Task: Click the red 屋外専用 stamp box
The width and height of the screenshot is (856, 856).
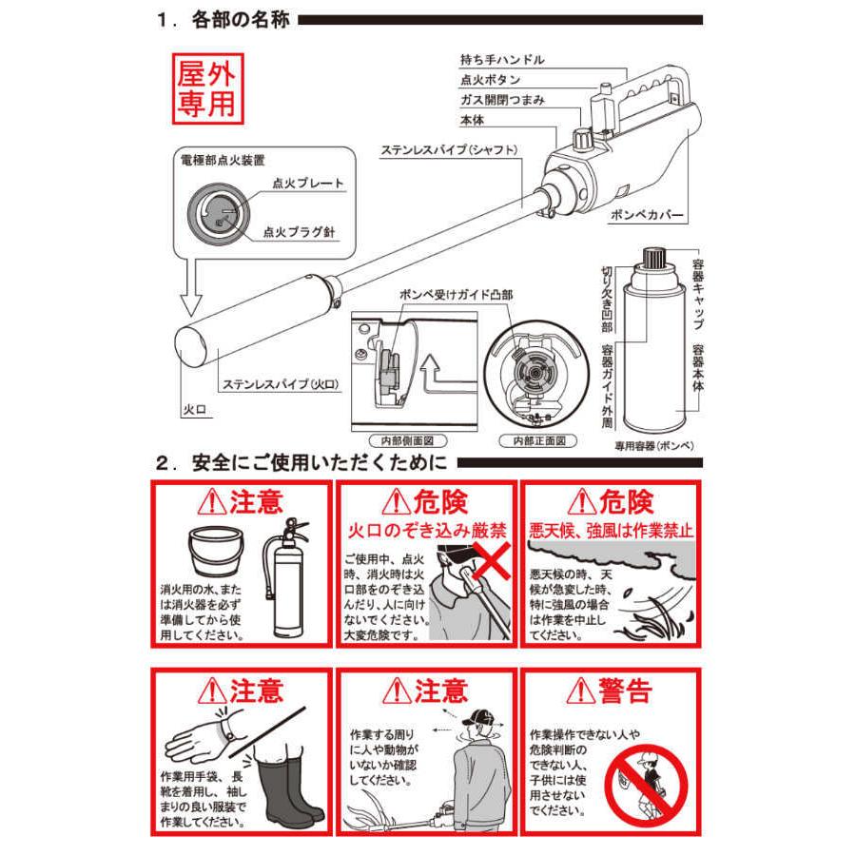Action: pyautogui.click(x=208, y=88)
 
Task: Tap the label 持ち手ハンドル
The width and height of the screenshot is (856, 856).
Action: pyautogui.click(x=502, y=60)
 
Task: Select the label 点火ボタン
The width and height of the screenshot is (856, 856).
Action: pyautogui.click(x=490, y=80)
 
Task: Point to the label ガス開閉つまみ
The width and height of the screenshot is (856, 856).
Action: pyautogui.click(x=502, y=100)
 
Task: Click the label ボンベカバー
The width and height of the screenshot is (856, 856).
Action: pyautogui.click(x=647, y=215)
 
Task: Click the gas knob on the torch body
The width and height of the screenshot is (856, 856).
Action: pyautogui.click(x=582, y=138)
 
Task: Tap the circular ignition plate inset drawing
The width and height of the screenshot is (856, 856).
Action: pyautogui.click(x=219, y=211)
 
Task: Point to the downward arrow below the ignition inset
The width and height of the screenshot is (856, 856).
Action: pyautogui.click(x=190, y=287)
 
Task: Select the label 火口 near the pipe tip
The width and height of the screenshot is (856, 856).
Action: pyautogui.click(x=195, y=410)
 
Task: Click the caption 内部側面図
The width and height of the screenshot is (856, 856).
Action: pyautogui.click(x=407, y=440)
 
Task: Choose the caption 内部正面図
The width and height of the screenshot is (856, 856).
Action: pyautogui.click(x=538, y=440)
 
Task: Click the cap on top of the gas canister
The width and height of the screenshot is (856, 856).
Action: pyautogui.click(x=652, y=256)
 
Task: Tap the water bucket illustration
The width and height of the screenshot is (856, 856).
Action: pyautogui.click(x=216, y=551)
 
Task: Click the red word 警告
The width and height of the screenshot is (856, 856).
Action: pyautogui.click(x=626, y=691)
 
